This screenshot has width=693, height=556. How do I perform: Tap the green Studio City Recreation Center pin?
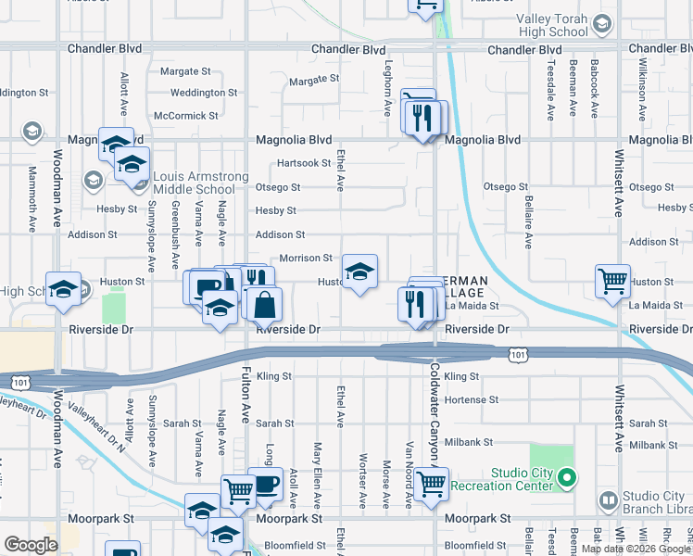point(569,479)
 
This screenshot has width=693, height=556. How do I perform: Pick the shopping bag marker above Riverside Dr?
point(265,303)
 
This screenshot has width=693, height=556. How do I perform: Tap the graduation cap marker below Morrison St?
point(359,272)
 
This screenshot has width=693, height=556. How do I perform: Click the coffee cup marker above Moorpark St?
point(266,484)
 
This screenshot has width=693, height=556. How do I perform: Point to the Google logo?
point(31,545)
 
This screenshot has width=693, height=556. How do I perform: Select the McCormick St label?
point(186,116)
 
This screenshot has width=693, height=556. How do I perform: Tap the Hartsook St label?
point(305,163)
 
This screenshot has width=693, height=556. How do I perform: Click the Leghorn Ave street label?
point(389,88)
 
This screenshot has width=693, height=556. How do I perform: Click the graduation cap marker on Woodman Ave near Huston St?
point(64,289)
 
